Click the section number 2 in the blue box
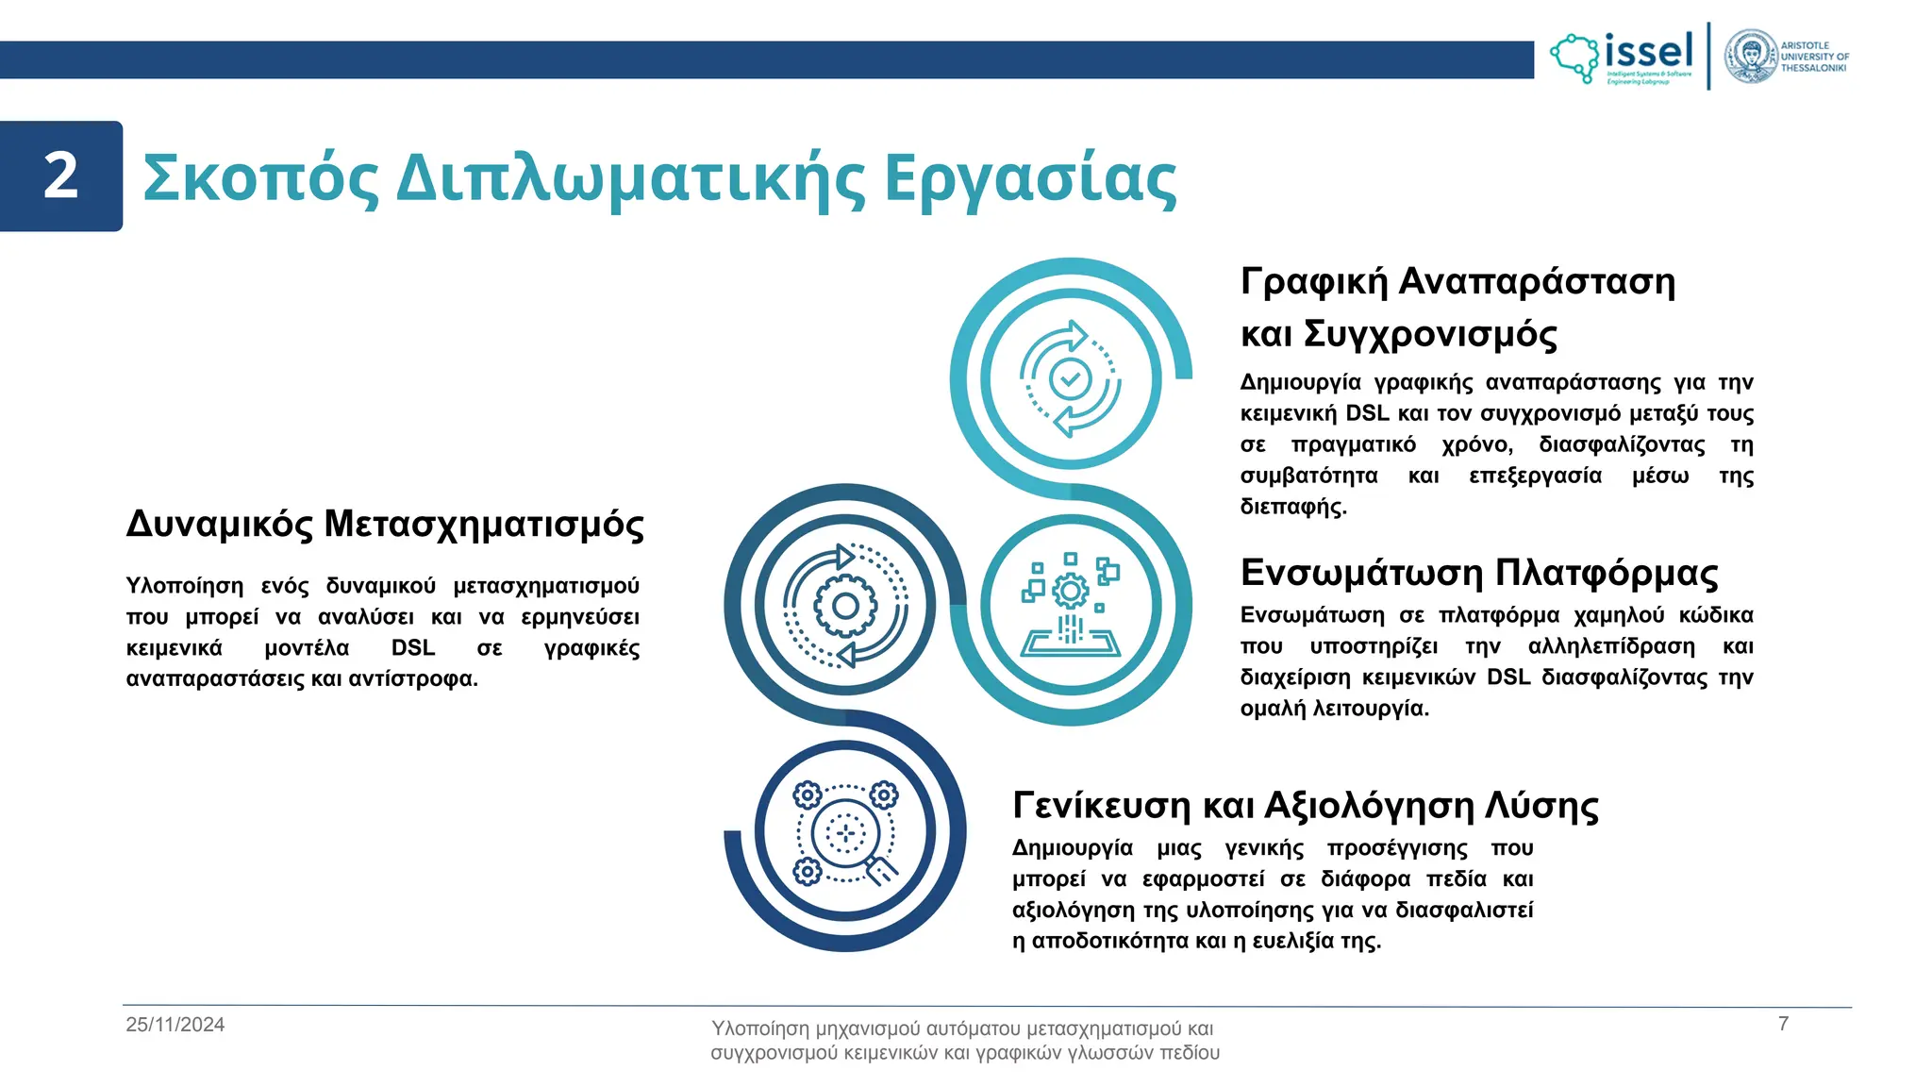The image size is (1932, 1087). [61, 176]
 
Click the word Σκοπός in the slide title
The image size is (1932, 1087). [260, 178]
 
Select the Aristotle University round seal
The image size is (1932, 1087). [1750, 57]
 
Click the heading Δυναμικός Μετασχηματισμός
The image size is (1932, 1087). [385, 525]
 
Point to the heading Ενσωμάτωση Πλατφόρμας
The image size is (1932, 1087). [1478, 573]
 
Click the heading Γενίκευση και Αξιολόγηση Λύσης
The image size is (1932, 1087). [1305, 806]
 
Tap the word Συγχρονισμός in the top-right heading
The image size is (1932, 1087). [1430, 334]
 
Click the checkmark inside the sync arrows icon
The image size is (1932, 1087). [1071, 379]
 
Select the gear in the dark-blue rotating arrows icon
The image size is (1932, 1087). [845, 606]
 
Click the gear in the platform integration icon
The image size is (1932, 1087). [1070, 593]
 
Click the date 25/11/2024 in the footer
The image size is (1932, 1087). [175, 1025]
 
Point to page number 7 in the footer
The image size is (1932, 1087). [1783, 1024]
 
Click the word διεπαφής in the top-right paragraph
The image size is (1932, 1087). [1292, 507]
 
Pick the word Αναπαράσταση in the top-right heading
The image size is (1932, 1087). [1536, 282]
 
